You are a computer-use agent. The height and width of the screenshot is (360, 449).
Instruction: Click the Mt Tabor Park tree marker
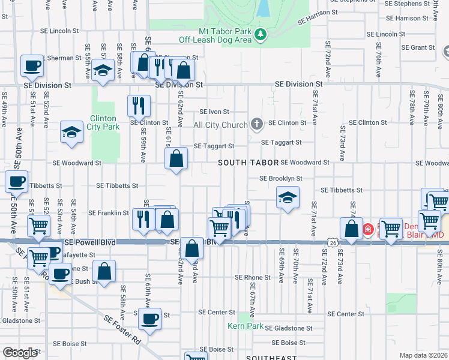(261, 35)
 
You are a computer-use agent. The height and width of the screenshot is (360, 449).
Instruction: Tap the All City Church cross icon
(256, 125)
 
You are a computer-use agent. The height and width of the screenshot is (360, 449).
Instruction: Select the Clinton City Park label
(104, 122)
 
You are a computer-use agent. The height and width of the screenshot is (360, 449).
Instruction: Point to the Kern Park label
(246, 326)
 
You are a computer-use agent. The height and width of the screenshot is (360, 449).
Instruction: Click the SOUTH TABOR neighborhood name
(248, 163)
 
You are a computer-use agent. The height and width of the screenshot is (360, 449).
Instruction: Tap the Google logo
(20, 353)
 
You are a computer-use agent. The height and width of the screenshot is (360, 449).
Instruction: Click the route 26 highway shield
(332, 242)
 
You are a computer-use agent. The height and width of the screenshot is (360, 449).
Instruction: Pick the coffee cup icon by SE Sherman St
(32, 65)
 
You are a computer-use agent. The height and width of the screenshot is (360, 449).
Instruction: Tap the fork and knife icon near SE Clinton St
(139, 106)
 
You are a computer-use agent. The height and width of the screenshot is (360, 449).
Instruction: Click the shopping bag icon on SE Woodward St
(176, 159)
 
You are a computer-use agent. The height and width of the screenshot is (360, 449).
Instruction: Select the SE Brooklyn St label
(280, 178)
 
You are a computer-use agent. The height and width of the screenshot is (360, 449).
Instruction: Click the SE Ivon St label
(214, 112)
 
